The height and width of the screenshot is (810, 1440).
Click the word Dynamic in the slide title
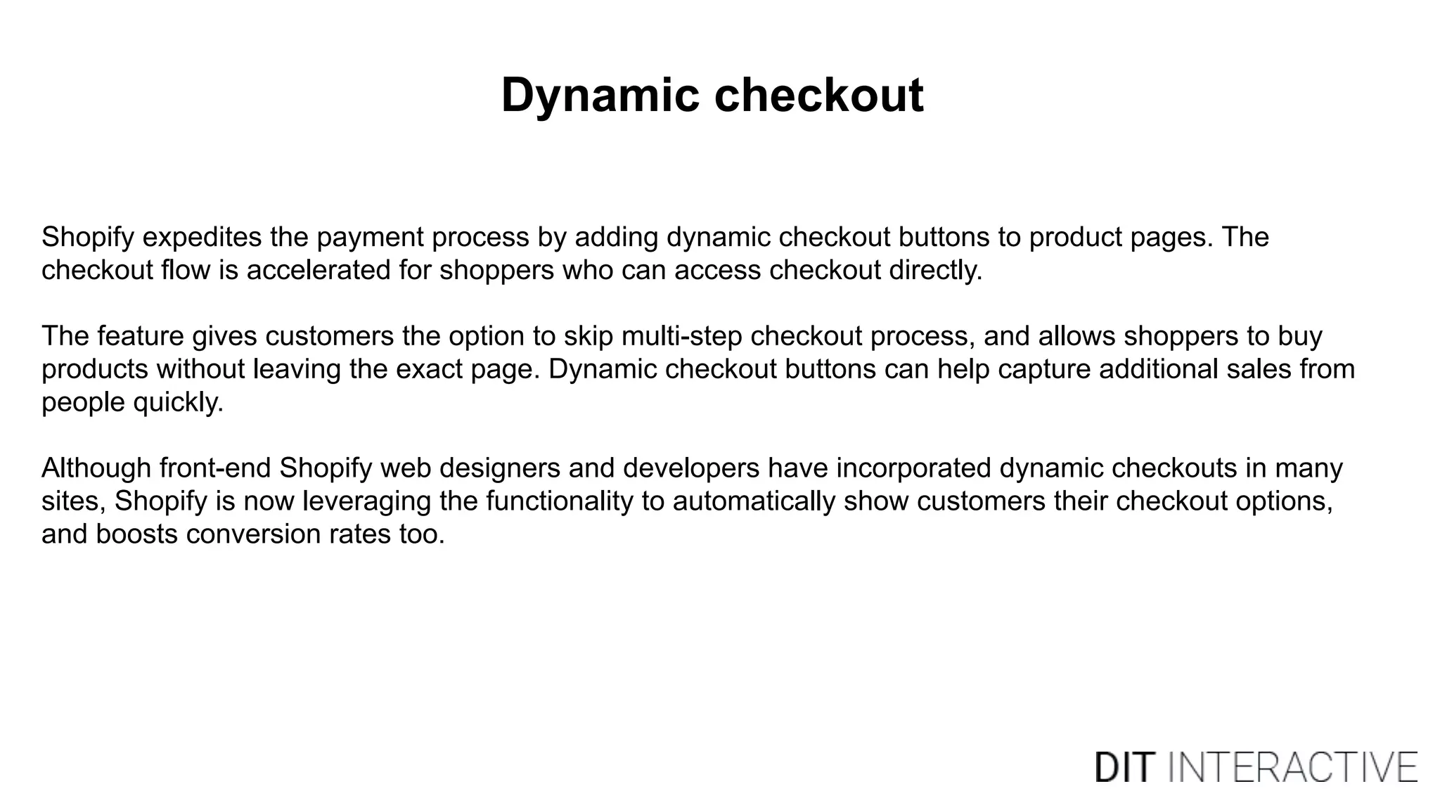pyautogui.click(x=600, y=96)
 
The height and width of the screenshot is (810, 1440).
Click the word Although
pyautogui.click(x=96, y=468)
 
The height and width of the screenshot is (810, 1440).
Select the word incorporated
pyautogui.click(x=913, y=468)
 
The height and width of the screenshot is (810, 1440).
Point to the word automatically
pyautogui.click(x=754, y=501)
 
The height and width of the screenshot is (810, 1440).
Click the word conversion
pyautogui.click(x=253, y=534)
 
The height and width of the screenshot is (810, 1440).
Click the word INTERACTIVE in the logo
pyautogui.click(x=1293, y=767)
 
